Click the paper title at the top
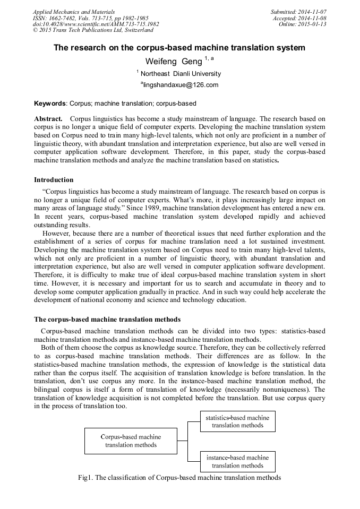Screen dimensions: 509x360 click(x=179, y=48)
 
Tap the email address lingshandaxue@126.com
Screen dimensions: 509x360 click(x=179, y=85)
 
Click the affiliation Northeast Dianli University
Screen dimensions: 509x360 click(x=180, y=74)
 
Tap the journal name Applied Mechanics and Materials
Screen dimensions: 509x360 click(x=73, y=12)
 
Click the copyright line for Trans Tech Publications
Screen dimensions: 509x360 click(x=93, y=30)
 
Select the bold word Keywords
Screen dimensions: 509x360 click(x=50, y=103)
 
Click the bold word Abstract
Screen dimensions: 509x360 click(x=48, y=118)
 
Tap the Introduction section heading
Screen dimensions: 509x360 click(x=54, y=180)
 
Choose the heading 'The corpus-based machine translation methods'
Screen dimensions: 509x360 click(x=107, y=320)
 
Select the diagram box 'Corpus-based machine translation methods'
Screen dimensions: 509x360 click(x=131, y=441)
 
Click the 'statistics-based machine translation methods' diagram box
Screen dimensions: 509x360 click(x=237, y=421)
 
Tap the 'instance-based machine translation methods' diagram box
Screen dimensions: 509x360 click(x=237, y=461)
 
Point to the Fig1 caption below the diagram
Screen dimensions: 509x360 click(x=179, y=477)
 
